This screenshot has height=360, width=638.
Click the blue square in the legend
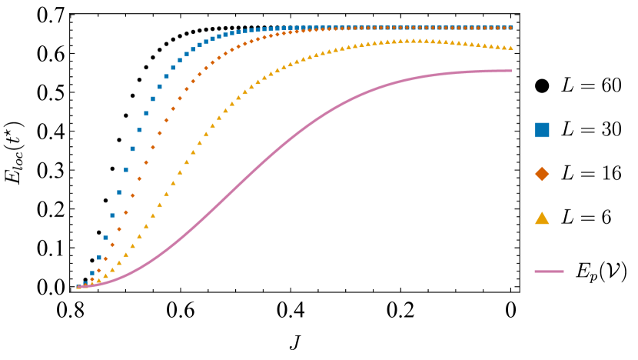[x=542, y=130]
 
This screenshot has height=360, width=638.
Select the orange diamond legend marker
[x=542, y=174]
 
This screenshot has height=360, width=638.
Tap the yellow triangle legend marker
[x=542, y=218]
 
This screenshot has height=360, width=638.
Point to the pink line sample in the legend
[x=549, y=272]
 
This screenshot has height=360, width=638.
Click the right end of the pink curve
[x=511, y=71]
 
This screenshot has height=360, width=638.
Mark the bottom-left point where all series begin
[x=78, y=287]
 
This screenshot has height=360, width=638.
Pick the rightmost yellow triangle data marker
[x=510, y=48]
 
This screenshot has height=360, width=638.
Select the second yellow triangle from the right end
[x=504, y=47]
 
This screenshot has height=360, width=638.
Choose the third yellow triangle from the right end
[x=497, y=47]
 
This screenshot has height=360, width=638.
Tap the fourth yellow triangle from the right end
[x=491, y=46]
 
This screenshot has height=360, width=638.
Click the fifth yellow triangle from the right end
[x=484, y=45]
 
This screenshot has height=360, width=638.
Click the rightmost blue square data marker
[x=510, y=28]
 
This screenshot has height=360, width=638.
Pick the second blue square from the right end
[x=504, y=28]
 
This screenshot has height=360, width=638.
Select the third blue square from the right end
[x=497, y=28]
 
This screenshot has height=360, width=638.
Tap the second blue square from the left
[x=85, y=283]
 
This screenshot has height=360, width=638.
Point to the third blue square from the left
[x=92, y=273]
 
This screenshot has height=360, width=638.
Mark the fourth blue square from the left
[x=99, y=258]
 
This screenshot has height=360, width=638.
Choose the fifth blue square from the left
[x=105, y=238]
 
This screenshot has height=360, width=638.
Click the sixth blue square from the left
[x=112, y=215]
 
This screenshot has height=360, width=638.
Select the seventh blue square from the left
[x=119, y=192]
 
